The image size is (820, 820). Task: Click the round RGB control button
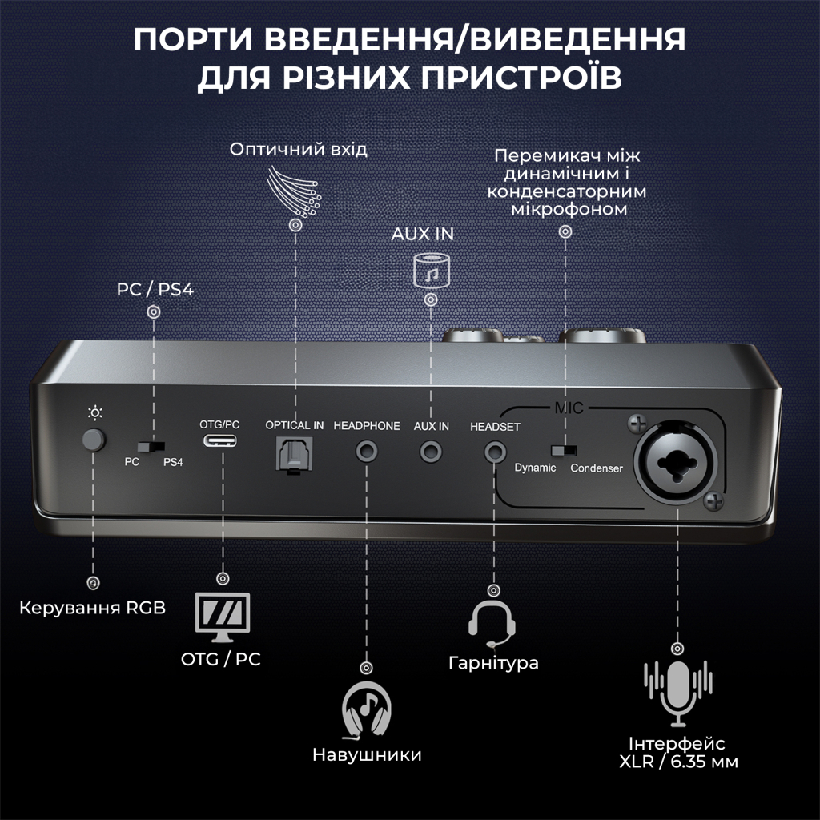94,440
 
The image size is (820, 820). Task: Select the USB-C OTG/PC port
220,441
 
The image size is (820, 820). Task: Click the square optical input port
294,452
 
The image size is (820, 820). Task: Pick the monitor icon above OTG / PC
223,617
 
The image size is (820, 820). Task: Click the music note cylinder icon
431,270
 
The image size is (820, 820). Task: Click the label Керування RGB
93,608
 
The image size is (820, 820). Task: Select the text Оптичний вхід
298,150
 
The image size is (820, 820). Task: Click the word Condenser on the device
596,468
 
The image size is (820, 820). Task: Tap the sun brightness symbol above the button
95,413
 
